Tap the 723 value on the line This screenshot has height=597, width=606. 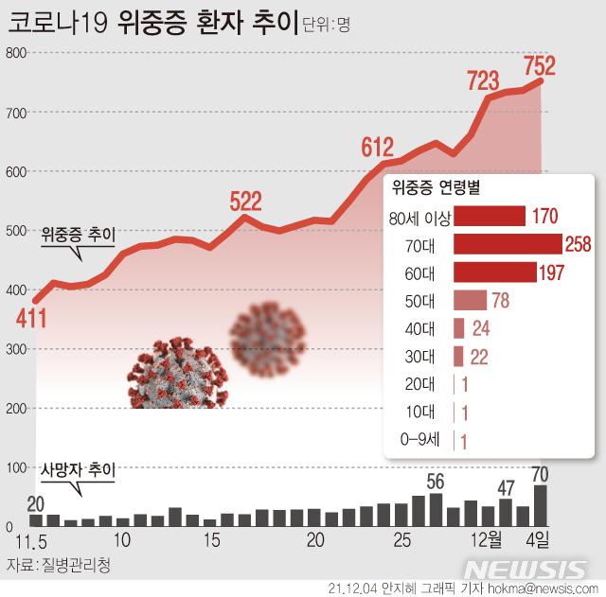coord(484,79)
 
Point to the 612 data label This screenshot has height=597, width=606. coord(377,147)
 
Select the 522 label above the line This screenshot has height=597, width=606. coord(245,200)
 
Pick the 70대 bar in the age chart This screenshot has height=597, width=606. coord(508,244)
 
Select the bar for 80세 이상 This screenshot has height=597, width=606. coord(490,217)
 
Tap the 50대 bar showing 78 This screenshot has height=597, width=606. coord(470,301)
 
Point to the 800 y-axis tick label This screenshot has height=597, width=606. coord(14,53)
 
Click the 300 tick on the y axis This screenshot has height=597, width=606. coord(14,350)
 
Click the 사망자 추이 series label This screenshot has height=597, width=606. coord(77,470)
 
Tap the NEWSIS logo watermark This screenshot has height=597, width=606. coord(526,569)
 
